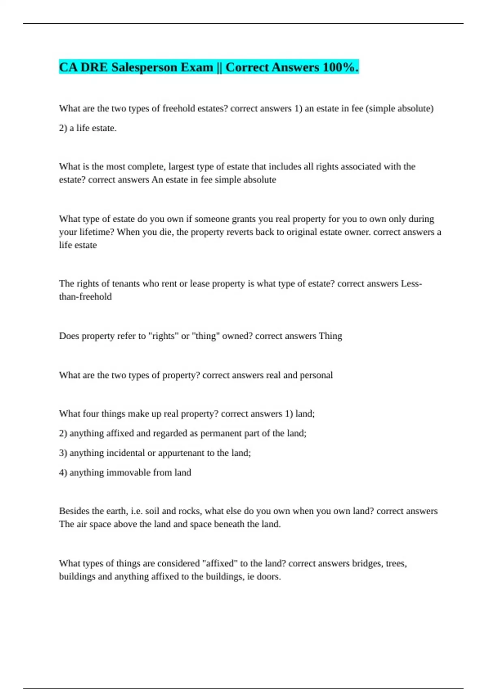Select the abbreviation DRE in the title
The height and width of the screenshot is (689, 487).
[94, 67]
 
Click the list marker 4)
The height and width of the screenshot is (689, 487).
[63, 473]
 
